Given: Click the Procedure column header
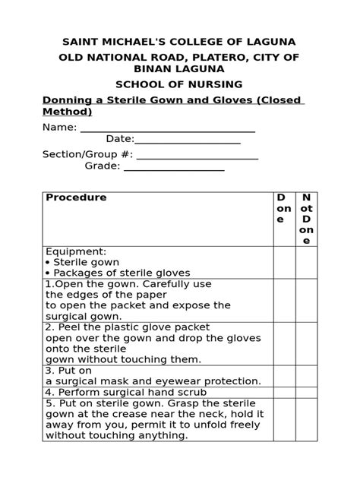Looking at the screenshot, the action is (76, 197).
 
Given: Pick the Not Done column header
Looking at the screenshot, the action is (305, 219).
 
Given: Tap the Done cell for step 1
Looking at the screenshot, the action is (283, 300).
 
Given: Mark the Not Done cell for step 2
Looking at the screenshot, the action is (305, 343).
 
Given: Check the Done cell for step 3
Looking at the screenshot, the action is (283, 375).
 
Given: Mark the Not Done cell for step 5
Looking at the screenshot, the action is (305, 419).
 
